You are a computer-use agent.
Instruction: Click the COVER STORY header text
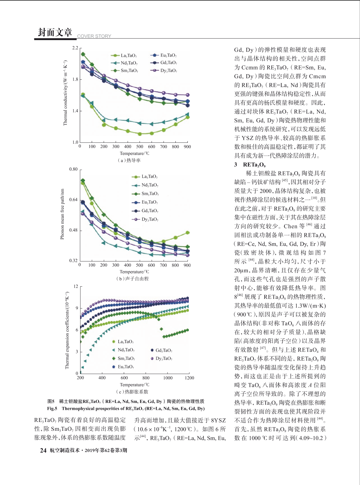94,36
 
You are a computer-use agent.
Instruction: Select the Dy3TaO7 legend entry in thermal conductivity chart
164,71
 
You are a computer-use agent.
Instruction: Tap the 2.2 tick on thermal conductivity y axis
75,48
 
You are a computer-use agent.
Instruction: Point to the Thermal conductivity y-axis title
65,93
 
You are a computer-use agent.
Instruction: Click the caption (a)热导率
129,160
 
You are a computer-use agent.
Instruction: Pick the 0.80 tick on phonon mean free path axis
74,169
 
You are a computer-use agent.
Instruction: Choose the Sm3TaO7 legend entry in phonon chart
145,194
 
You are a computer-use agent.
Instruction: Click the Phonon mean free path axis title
62,214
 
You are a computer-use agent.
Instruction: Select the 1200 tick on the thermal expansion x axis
189,378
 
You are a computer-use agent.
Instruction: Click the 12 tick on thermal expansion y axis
76,286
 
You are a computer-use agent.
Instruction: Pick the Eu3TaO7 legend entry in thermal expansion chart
123,367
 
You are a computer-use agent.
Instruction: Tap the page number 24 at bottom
43,450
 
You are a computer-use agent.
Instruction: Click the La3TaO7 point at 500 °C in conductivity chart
140,134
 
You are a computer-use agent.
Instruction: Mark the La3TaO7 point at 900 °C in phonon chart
188,233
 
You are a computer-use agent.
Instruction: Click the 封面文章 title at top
55,33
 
